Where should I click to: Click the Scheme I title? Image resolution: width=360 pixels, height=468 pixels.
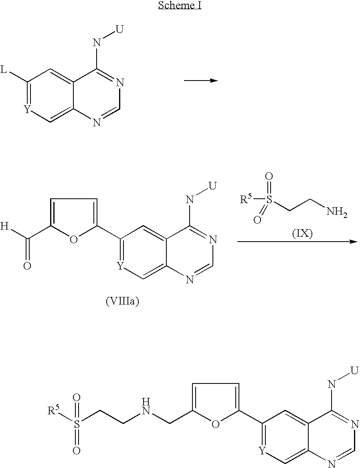pos(180,6)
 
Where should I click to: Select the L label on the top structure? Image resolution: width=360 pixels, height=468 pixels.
pos(4,71)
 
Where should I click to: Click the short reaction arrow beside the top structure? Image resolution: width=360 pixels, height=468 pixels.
pos(200,81)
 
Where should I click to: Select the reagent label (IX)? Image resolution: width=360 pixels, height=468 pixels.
pos(301,233)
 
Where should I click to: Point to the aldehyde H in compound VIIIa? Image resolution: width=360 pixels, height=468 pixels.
pos(4,227)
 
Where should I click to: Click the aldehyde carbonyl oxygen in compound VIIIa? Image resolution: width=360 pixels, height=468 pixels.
pos(27,266)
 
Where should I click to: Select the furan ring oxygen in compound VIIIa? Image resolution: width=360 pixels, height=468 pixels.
pos(73,240)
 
